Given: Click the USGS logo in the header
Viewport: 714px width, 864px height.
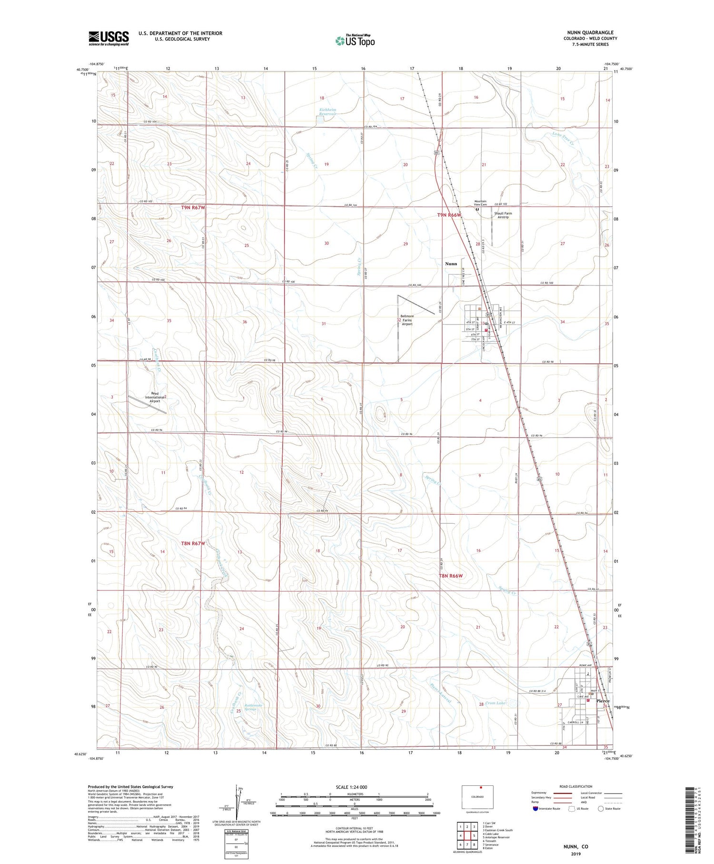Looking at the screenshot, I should point(109,38).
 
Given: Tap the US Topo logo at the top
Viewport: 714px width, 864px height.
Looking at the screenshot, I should point(355,41).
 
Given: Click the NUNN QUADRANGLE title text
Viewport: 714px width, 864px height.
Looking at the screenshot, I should point(587,32).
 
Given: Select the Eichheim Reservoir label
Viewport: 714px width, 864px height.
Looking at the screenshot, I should point(327,112).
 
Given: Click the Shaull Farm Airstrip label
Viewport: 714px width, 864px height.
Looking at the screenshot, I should point(503,215).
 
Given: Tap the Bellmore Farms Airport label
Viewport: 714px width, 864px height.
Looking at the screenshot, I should point(407,320).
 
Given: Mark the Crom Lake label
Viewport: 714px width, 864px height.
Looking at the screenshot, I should point(496,703).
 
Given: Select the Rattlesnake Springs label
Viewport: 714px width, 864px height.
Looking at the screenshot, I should point(250,707).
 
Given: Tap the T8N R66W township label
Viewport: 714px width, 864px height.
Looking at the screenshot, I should point(450,576).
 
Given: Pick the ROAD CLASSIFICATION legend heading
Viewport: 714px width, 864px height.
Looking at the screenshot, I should point(576,786).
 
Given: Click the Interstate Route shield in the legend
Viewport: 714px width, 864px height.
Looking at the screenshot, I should point(535,809).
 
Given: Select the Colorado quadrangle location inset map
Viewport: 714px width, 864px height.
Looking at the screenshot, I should point(477,796).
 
